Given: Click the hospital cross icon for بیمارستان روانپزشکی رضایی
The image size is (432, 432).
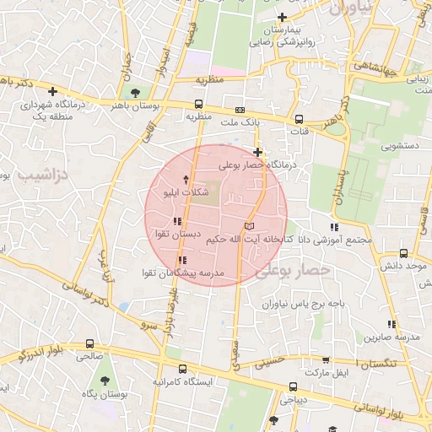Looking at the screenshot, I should (282, 18).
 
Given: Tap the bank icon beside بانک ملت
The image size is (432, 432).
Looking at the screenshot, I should (240, 110).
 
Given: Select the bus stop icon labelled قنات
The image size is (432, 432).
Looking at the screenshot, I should (298, 119).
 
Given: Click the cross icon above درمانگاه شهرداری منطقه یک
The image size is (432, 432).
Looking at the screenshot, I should (53, 91).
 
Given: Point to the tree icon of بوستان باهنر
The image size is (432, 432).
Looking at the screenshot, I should (135, 91).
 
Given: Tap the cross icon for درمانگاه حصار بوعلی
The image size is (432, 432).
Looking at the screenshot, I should (257, 152).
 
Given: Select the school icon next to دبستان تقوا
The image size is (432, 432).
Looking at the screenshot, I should (176, 221).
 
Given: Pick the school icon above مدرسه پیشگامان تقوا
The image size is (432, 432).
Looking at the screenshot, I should (182, 260).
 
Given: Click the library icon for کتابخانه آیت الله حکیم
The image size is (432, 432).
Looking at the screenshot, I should (248, 226).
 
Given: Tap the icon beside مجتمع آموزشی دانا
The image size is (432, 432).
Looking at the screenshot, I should (334, 226).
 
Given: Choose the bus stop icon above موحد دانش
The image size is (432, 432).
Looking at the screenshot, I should (404, 252).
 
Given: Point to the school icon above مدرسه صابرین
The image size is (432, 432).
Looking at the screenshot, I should (390, 324).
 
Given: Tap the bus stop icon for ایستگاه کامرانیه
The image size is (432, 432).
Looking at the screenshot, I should (183, 369).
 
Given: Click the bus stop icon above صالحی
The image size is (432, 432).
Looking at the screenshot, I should (89, 343).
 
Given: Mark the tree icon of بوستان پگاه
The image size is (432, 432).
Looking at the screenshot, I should (103, 381).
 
